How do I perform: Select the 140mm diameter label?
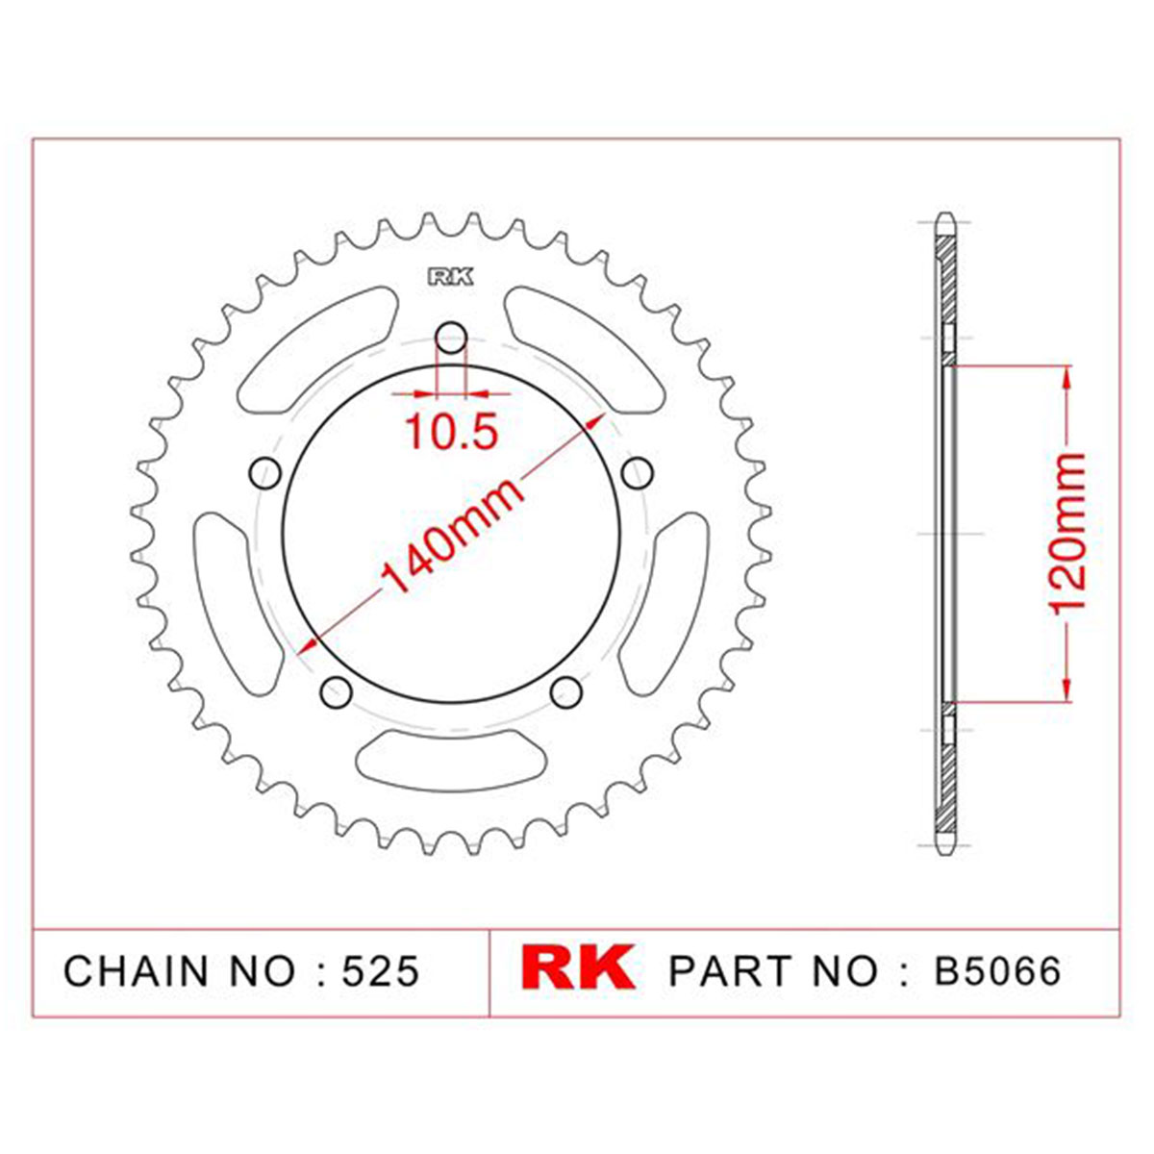pos(451,535)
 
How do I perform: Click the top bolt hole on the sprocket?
pos(451,339)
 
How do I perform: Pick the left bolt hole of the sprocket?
pos(264,474)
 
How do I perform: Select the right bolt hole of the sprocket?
pos(637,474)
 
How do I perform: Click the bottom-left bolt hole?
pos(336,692)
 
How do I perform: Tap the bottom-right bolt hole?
pos(565,692)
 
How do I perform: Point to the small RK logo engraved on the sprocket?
pos(450,277)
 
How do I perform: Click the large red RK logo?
pos(577,967)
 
